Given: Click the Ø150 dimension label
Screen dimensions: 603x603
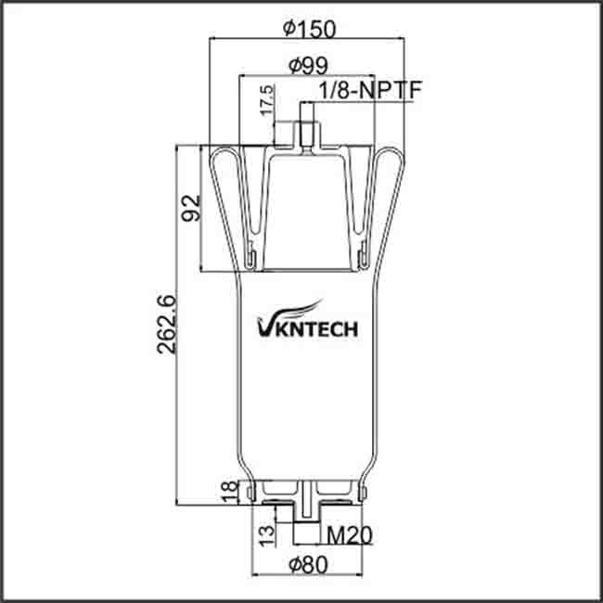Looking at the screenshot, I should point(307,29).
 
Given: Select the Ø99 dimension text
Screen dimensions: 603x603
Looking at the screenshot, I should point(306,65).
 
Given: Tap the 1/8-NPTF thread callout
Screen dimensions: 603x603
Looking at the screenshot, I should point(363,92).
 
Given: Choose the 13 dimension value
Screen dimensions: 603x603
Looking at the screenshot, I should point(267,533).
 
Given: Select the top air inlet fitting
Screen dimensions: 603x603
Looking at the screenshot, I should point(306,132).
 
